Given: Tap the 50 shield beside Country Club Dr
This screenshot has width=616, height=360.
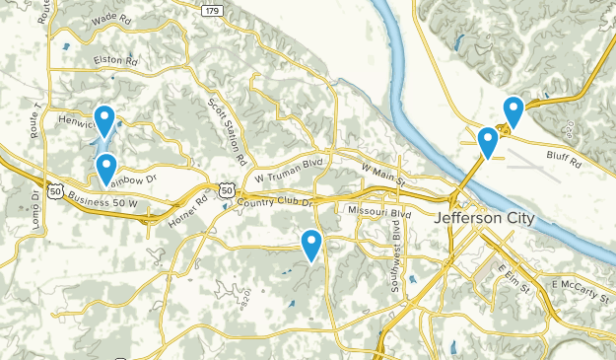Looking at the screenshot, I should [x=228, y=189].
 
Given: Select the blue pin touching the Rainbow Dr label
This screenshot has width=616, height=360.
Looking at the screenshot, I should [x=105, y=168].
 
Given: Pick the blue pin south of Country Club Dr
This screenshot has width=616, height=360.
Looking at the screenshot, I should [x=311, y=244].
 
